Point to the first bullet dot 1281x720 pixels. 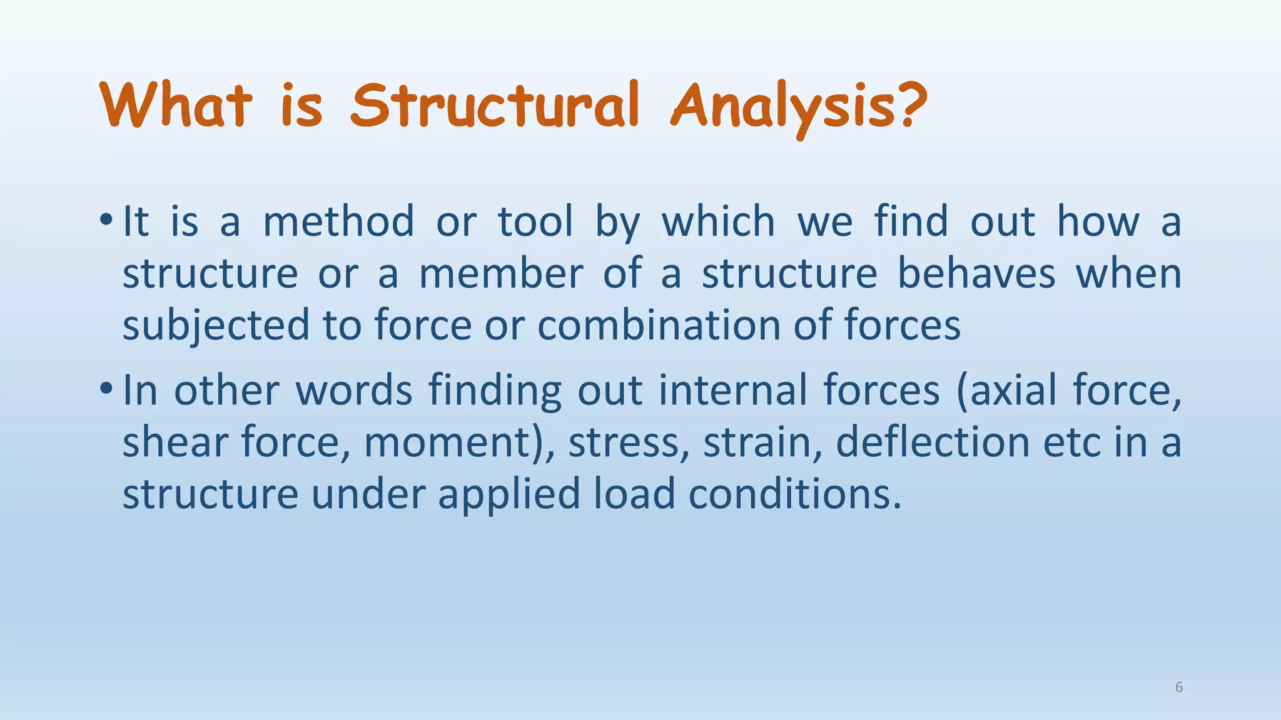pos(106,220)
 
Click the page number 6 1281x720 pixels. pos(1179,687)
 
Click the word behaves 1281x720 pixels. pos(976,274)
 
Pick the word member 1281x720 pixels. pos(500,274)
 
